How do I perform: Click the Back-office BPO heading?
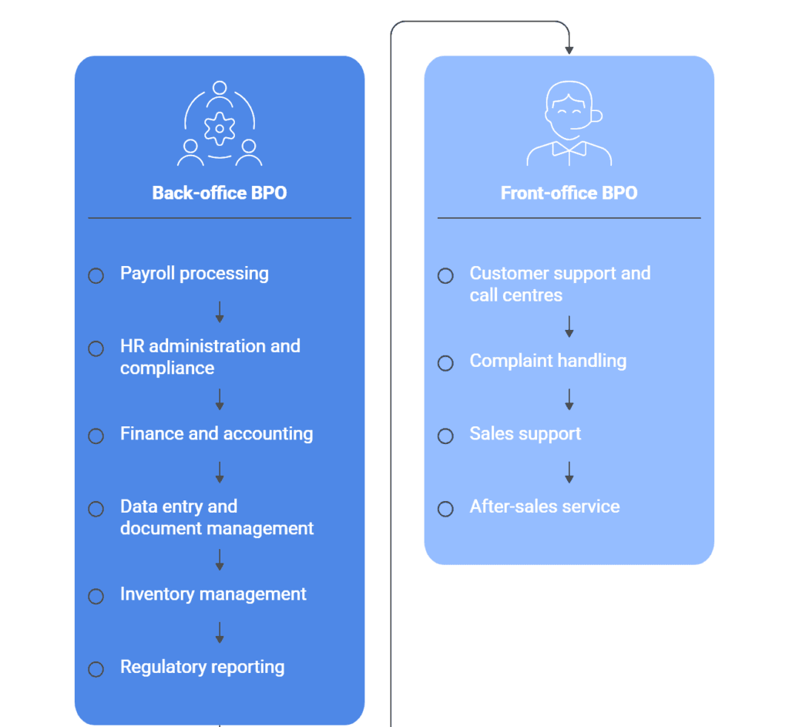tap(220, 193)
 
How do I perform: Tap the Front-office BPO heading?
tap(569, 193)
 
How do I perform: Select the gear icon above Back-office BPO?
tap(220, 127)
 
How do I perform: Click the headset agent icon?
tap(569, 123)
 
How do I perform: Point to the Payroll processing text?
tap(194, 274)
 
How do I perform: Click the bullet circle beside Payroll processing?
tap(96, 276)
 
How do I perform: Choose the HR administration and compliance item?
tap(210, 357)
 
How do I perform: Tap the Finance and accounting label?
tap(217, 434)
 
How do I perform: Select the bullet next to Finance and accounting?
tap(96, 436)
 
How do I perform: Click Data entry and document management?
tap(217, 517)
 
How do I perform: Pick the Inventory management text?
tap(213, 594)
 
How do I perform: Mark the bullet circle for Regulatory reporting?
tap(96, 669)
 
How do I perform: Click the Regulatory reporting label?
tap(202, 668)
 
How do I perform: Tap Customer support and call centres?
tap(559, 284)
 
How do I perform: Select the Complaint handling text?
tap(548, 361)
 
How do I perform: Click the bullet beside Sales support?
tap(445, 436)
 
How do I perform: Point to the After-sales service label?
tap(544, 507)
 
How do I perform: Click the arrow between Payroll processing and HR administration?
tap(220, 312)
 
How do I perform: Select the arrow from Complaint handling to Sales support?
tap(569, 399)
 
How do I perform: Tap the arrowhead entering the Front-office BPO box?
tap(569, 50)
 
